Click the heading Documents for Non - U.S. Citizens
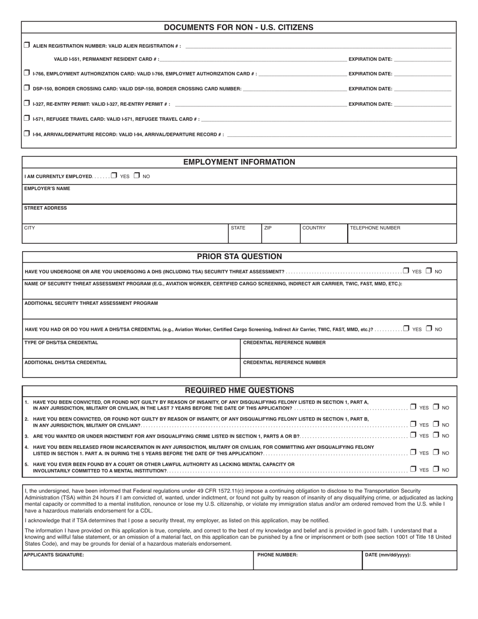pos(238,28)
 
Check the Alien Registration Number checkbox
pos(27,45)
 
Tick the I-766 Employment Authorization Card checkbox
pos(27,73)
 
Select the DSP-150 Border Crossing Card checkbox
pos(27,88)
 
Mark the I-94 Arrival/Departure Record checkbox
pos(27,134)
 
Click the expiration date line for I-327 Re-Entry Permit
pos(423,104)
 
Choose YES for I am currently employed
pos(114,176)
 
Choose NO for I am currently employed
pos(137,176)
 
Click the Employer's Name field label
pos(47,189)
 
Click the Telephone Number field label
pos(375,228)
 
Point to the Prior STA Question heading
pos(239,257)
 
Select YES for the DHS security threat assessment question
pos(406,271)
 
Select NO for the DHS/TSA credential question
pos(429,329)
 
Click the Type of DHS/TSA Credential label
pos(61,343)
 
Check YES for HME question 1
pos(413,407)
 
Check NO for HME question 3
pos(436,435)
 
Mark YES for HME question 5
pos(413,469)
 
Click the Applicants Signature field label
pos(54,555)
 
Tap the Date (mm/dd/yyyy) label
pos(388,555)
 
